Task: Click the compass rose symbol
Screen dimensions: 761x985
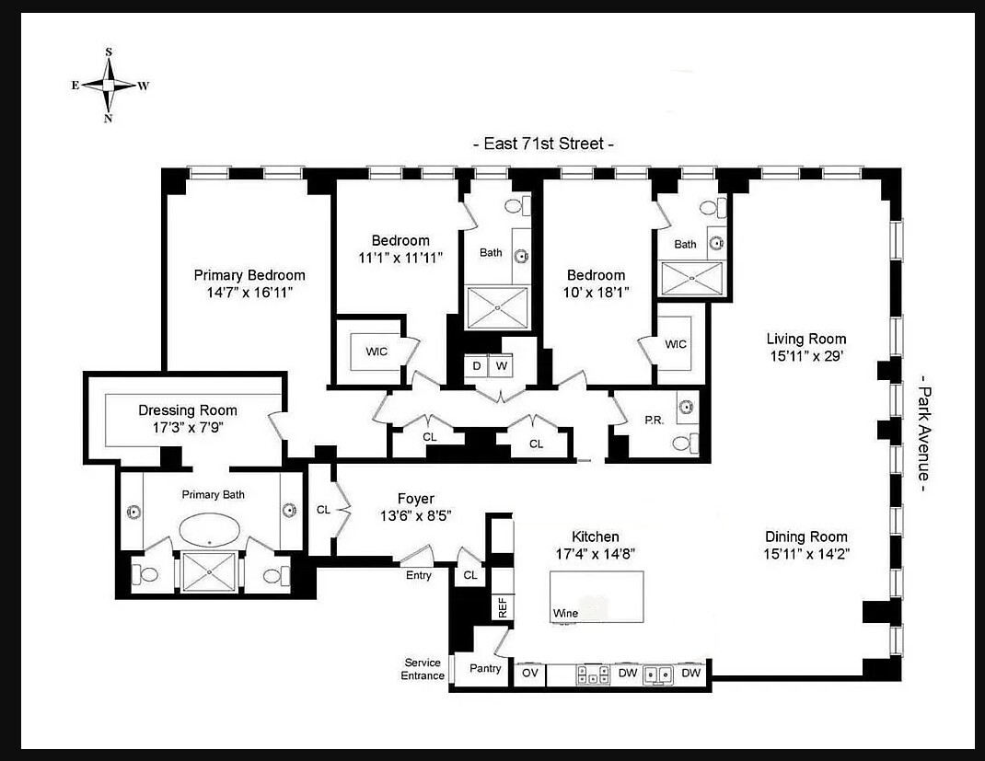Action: tap(109, 85)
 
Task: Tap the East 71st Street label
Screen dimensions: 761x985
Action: tap(542, 144)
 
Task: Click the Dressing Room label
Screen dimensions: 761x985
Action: tap(187, 410)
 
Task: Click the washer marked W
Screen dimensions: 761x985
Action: tap(502, 365)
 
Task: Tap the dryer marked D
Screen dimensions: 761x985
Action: tap(477, 365)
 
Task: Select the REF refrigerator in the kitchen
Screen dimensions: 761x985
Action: tap(502, 607)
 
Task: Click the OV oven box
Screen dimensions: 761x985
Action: tap(529, 674)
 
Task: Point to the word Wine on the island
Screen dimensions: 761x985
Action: tap(565, 613)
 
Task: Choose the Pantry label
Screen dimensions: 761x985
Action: tap(485, 668)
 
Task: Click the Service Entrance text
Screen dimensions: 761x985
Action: tap(423, 669)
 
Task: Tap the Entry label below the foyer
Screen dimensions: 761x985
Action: tap(418, 575)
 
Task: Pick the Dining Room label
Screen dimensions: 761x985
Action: tap(805, 536)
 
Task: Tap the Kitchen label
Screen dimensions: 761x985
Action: tap(595, 536)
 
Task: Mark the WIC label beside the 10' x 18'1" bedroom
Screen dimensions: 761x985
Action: tap(675, 344)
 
